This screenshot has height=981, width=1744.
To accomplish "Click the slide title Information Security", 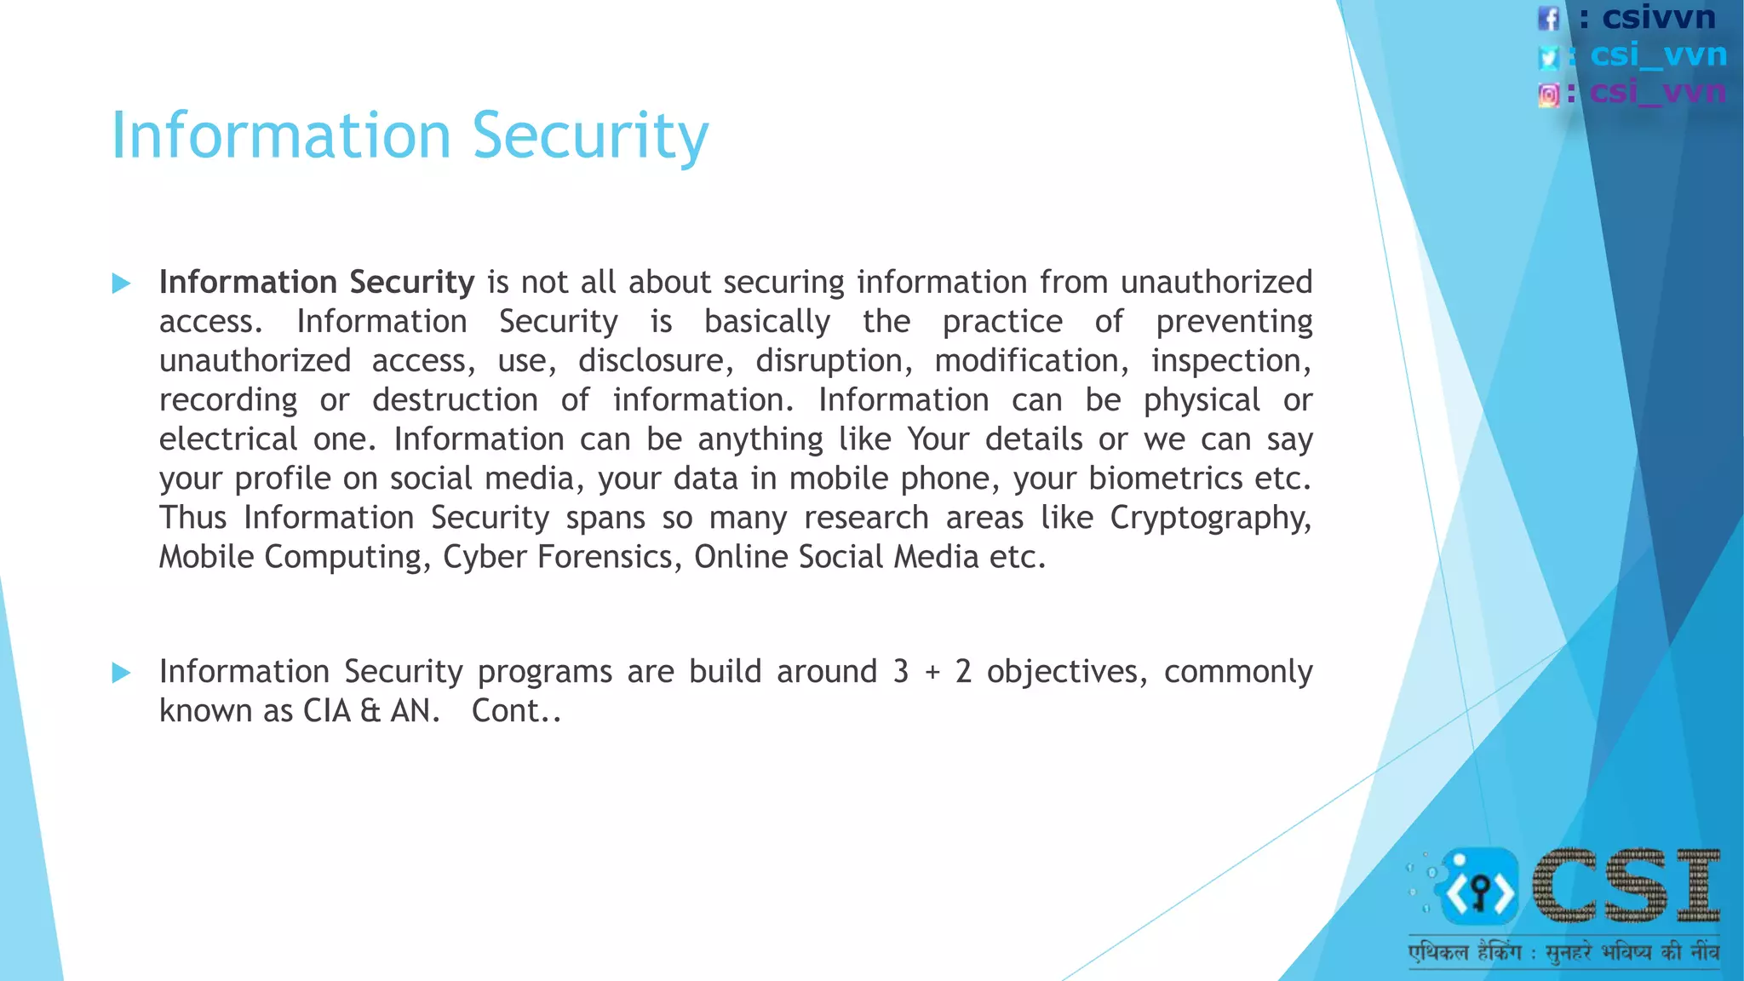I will [x=410, y=135].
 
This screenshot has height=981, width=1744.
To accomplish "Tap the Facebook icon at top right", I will [x=1548, y=19].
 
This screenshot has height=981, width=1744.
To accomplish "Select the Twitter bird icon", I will [x=1548, y=57].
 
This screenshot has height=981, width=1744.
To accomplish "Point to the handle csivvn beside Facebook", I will [x=1658, y=18].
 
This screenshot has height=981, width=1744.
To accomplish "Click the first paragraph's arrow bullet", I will [x=122, y=284].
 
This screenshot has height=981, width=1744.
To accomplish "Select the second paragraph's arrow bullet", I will [x=122, y=674].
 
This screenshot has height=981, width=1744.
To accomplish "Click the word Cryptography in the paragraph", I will [x=1209, y=518].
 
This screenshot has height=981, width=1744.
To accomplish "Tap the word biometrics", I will [x=1165, y=479].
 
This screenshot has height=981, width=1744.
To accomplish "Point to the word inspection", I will [x=1231, y=361].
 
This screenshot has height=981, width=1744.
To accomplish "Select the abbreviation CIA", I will [x=327, y=711].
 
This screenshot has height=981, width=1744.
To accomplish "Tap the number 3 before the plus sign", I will [x=901, y=672].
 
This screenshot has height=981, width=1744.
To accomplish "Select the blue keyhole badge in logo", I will [x=1480, y=888].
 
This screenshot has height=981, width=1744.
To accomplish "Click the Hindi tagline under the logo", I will [x=1563, y=951].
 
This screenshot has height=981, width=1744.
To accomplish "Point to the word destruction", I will [x=455, y=400].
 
